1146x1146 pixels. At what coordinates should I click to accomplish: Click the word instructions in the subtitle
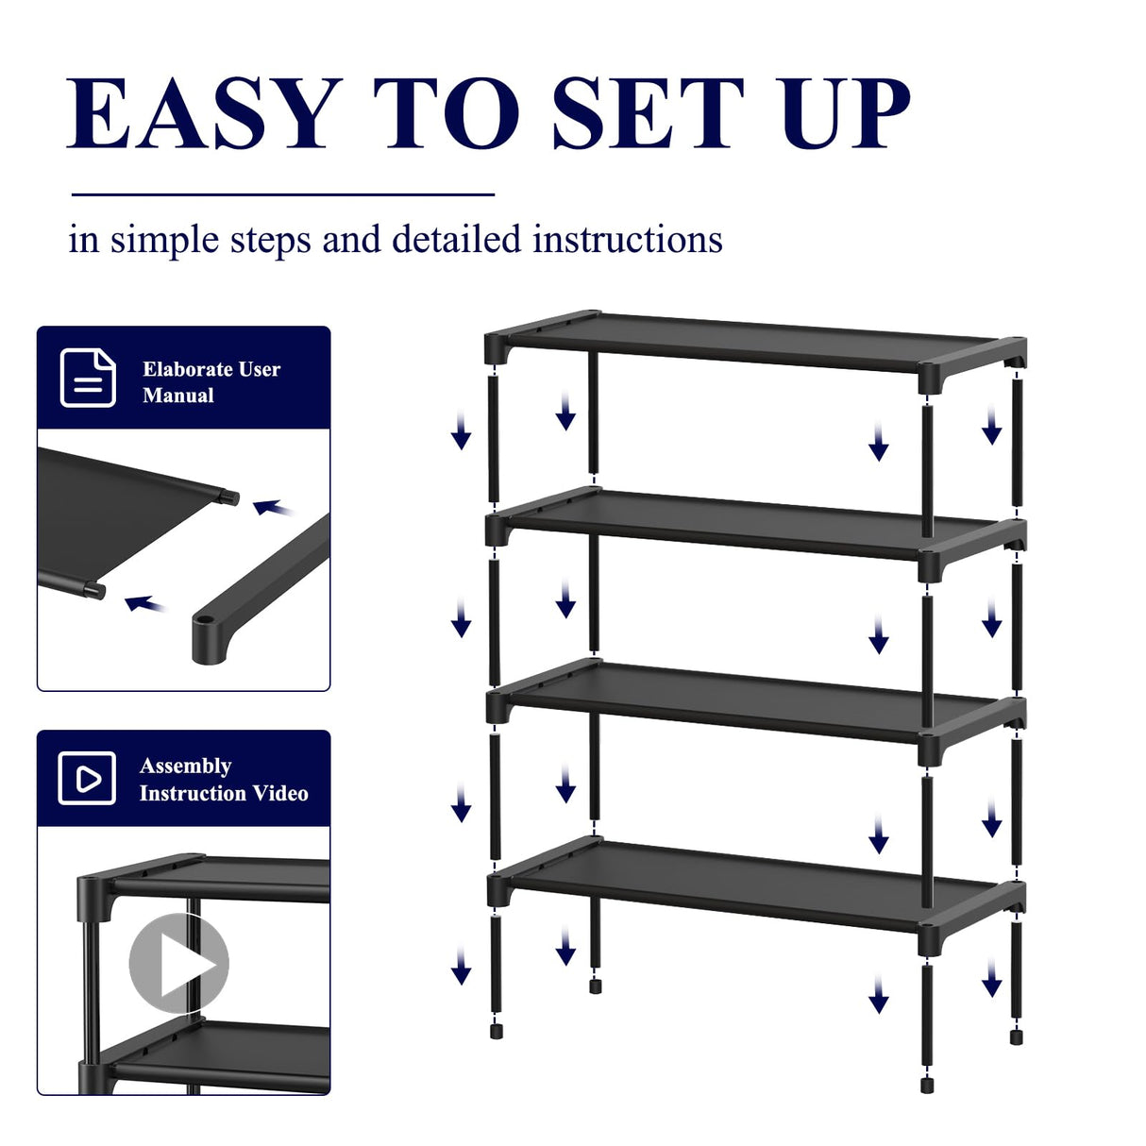click(x=628, y=240)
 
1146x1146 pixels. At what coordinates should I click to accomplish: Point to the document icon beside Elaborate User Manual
click(x=88, y=378)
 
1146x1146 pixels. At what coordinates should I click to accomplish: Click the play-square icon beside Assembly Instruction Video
click(x=87, y=779)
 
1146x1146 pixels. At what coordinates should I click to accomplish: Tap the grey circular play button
click(x=178, y=963)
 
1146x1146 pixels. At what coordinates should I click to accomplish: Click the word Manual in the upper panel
click(x=178, y=396)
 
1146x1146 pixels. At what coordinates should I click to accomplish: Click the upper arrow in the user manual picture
click(x=273, y=509)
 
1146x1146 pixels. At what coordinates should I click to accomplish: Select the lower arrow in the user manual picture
click(x=145, y=603)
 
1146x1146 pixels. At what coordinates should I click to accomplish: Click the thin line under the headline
click(x=283, y=194)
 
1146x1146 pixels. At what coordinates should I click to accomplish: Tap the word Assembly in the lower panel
click(x=186, y=766)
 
